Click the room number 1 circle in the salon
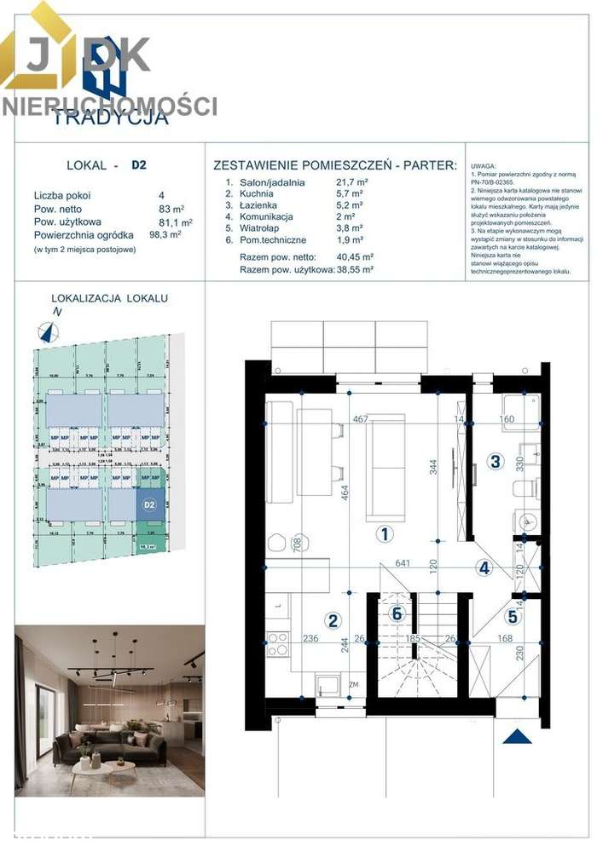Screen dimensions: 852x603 click(385, 534)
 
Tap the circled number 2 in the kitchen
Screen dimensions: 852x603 click(333, 620)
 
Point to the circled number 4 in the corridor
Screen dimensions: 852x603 click(484, 568)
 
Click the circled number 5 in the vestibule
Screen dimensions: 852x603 click(513, 618)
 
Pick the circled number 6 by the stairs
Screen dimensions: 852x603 click(396, 612)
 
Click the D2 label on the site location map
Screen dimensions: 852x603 click(149, 504)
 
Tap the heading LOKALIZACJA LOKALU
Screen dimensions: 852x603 click(110, 298)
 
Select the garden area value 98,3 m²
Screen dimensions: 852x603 click(166, 235)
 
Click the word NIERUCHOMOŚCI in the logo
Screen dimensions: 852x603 click(109, 106)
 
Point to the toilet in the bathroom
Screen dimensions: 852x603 click(525, 487)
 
